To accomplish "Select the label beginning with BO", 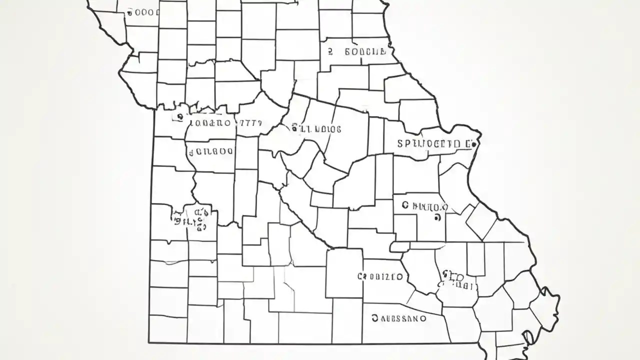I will click(x=365, y=51).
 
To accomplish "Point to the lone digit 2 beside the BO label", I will click(x=330, y=51).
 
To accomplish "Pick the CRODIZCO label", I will click(x=380, y=276).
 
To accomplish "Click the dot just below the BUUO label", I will click(x=438, y=217).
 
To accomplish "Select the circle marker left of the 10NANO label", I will click(x=178, y=117).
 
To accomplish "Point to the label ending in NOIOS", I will click(x=316, y=129).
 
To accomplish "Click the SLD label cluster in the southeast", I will click(x=455, y=281).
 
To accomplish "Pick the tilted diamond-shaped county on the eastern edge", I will click(x=481, y=220).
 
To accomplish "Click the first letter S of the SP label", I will click(x=400, y=144).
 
